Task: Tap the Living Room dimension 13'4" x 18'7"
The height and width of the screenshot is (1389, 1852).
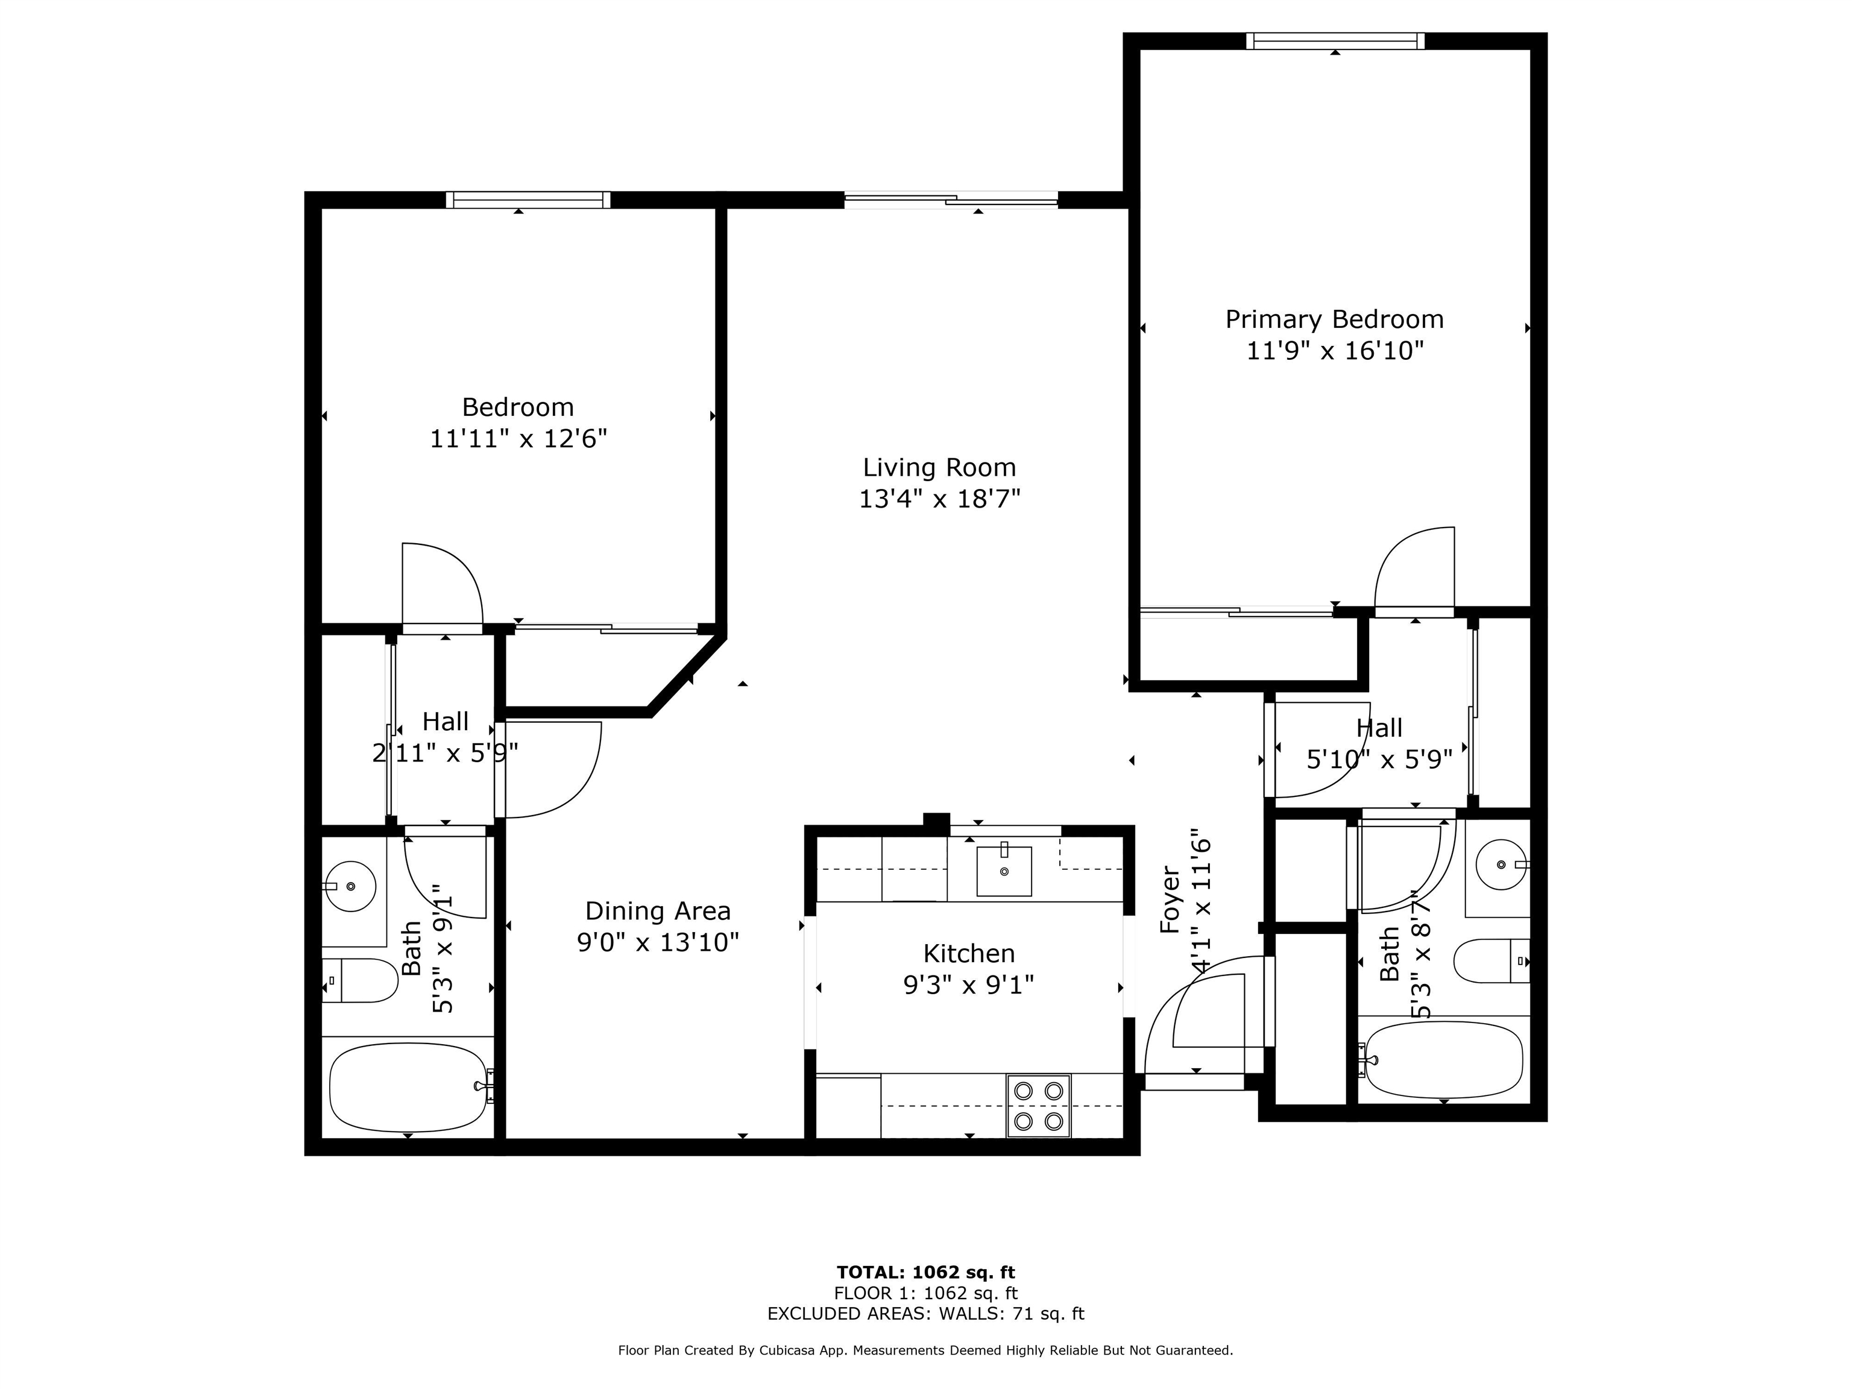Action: (x=939, y=499)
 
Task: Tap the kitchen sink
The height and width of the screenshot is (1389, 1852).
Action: (x=1004, y=871)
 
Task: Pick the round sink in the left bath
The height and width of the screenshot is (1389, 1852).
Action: (x=350, y=886)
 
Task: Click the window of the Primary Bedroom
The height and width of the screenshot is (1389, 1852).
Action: (x=1335, y=41)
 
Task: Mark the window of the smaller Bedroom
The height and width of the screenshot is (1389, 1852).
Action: (x=528, y=200)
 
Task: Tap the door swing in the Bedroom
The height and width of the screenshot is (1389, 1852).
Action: (x=442, y=584)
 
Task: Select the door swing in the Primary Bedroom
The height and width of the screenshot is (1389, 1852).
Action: (x=1415, y=569)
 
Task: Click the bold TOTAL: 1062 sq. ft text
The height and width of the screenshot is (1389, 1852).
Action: (x=925, y=1273)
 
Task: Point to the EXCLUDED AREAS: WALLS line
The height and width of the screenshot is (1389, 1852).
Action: (x=925, y=1314)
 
